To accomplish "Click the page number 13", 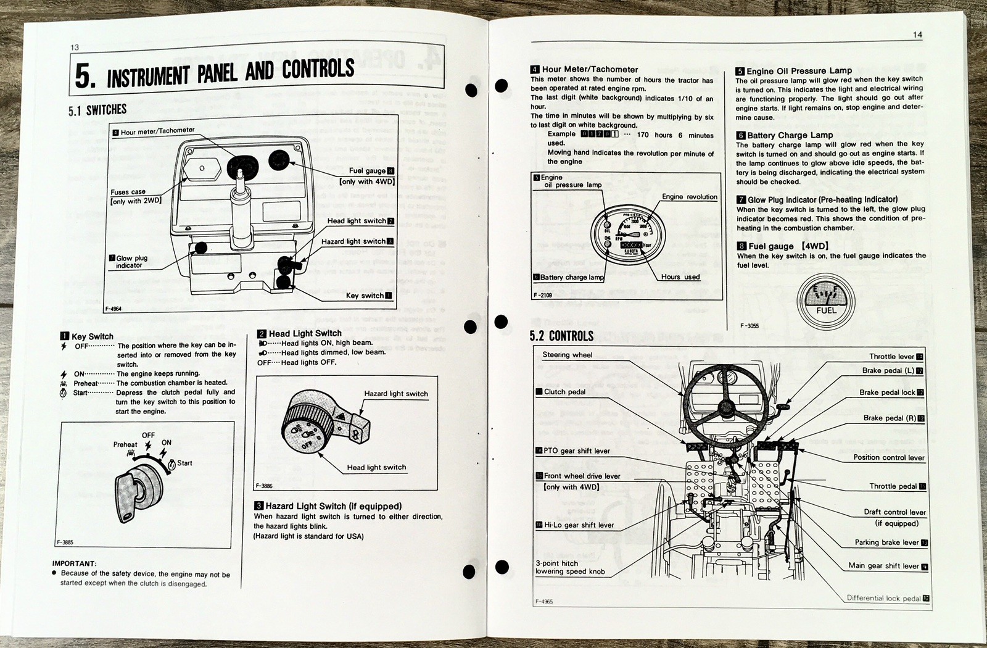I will pyautogui.click(x=75, y=48).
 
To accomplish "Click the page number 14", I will pyautogui.click(x=917, y=35).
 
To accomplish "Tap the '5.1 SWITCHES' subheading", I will pyautogui.click(x=97, y=110).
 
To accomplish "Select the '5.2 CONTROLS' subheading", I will pyautogui.click(x=561, y=336).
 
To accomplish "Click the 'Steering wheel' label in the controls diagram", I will pyautogui.click(x=567, y=355).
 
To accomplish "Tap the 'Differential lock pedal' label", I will pyautogui.click(x=883, y=598).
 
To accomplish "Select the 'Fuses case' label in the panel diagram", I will pyautogui.click(x=128, y=192).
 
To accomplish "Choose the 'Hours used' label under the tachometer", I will pyautogui.click(x=680, y=277).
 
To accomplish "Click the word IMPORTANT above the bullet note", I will pyautogui.click(x=74, y=563).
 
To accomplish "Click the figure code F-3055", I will pyautogui.click(x=750, y=326).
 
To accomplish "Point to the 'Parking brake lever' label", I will pyautogui.click(x=886, y=542).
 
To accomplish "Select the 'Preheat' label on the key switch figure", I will pyautogui.click(x=125, y=444).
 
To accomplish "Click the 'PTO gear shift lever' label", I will pyautogui.click(x=576, y=451).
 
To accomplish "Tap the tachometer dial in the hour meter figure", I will pyautogui.click(x=627, y=234).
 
